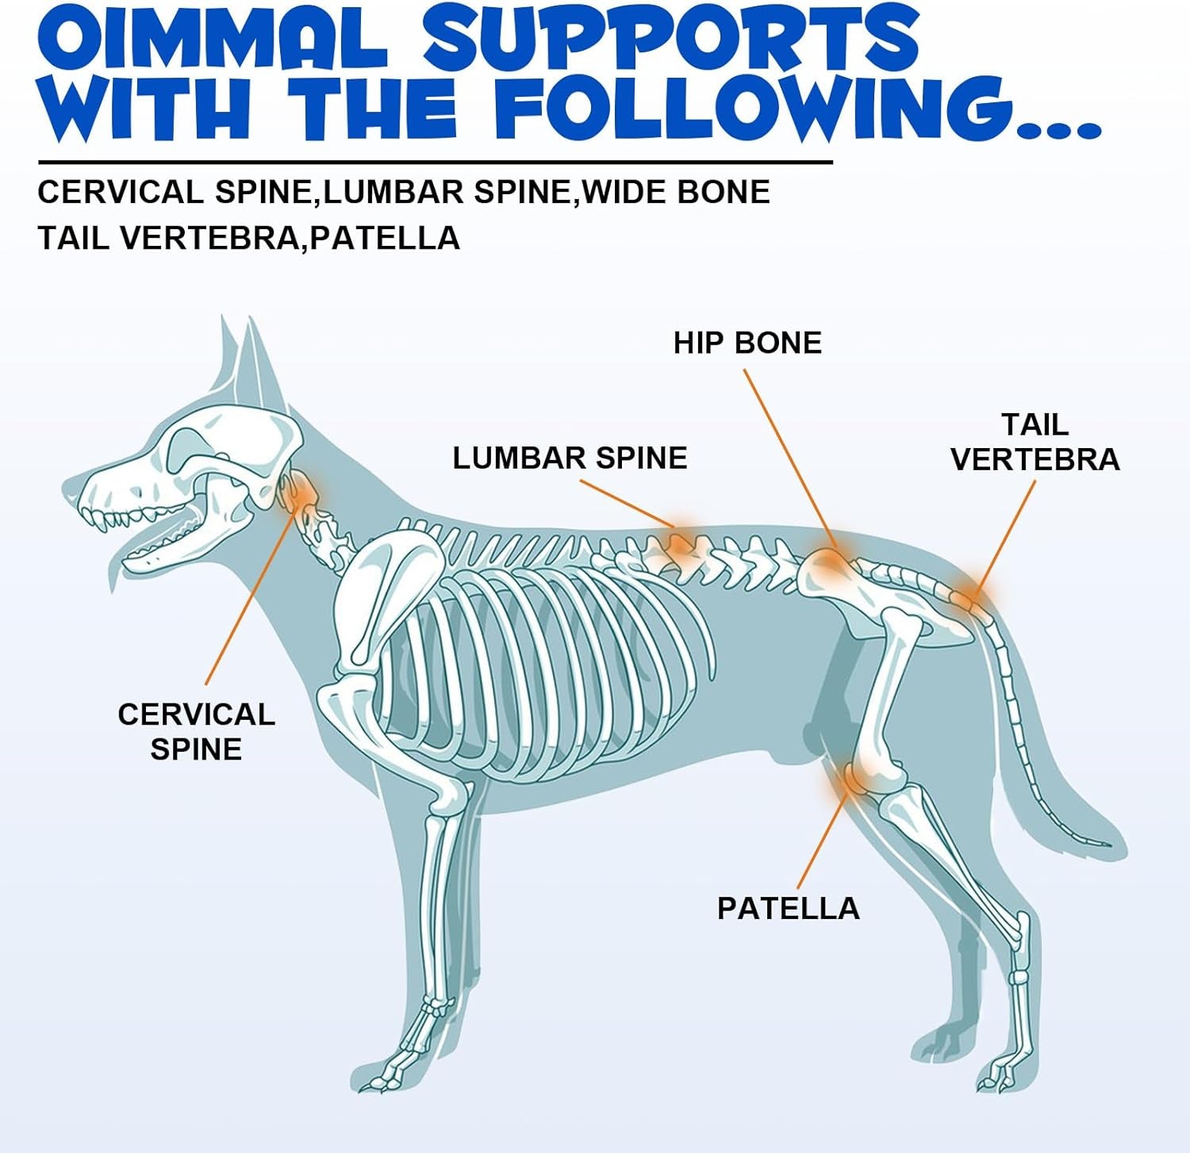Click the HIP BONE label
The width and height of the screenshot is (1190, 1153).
(747, 343)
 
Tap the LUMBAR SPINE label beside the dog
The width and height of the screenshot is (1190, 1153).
(570, 458)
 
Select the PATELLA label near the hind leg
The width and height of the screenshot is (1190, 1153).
(788, 908)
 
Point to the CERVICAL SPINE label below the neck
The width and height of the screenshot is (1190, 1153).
(196, 731)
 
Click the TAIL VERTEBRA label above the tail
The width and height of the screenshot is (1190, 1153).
(1035, 442)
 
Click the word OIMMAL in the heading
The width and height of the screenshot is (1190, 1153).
(212, 37)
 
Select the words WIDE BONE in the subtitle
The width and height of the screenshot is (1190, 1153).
(677, 192)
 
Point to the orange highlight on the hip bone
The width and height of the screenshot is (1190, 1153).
(828, 563)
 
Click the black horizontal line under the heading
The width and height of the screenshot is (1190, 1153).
(436, 163)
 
